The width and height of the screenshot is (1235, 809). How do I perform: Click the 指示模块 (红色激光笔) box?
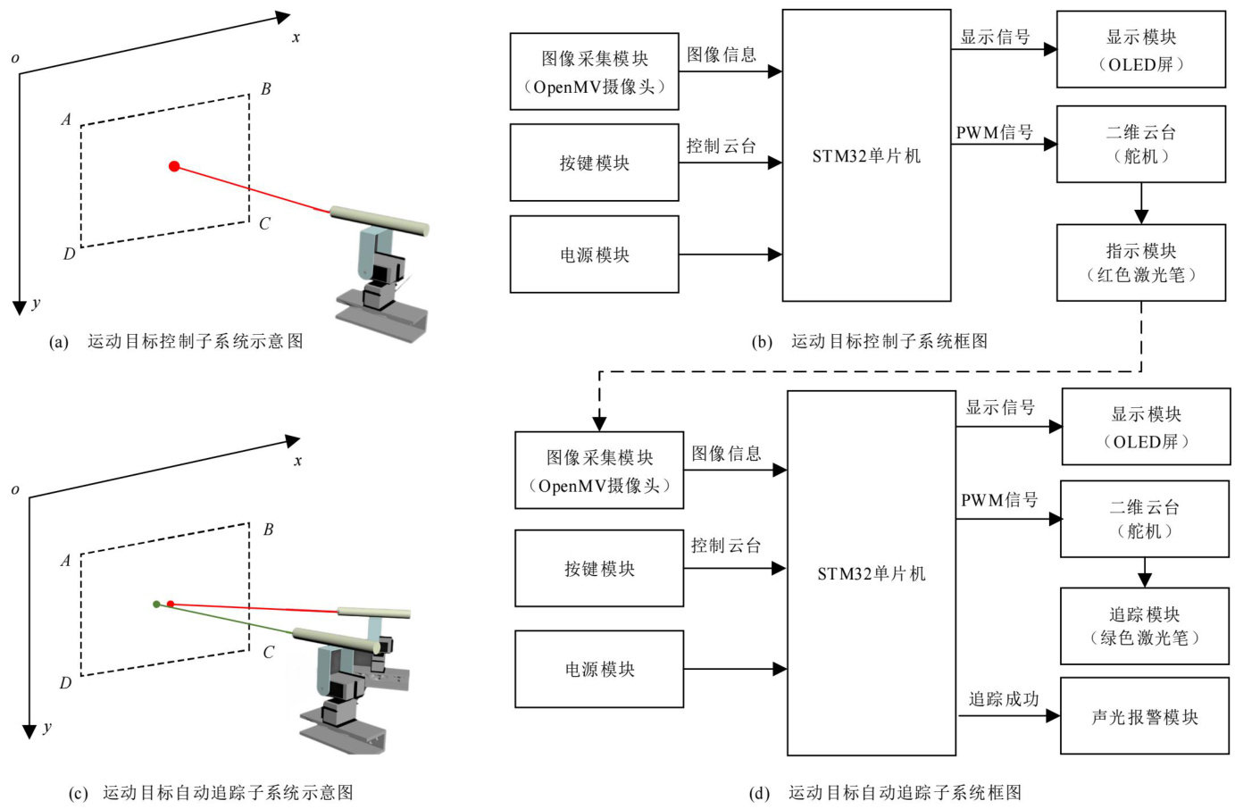pyautogui.click(x=1140, y=263)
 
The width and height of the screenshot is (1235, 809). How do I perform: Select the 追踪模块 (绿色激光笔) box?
pyautogui.click(x=1144, y=625)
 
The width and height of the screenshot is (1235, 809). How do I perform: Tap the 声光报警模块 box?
pyautogui.click(x=1144, y=716)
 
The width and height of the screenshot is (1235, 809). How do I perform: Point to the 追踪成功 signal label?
pyautogui.click(x=1004, y=699)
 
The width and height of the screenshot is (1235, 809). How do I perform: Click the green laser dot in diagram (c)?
pyautogui.click(x=156, y=605)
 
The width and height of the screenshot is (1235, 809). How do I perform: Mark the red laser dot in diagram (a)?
pyautogui.click(x=174, y=166)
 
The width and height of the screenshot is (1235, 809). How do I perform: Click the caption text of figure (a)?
pyautogui.click(x=195, y=341)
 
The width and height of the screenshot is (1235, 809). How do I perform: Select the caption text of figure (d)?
pyautogui.click(x=904, y=792)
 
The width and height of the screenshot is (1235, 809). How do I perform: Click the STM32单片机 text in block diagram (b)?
pyautogui.click(x=865, y=156)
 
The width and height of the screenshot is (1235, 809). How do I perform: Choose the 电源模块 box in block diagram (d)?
pyautogui.click(x=599, y=669)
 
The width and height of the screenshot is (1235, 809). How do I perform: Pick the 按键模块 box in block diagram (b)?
pyautogui.click(x=594, y=163)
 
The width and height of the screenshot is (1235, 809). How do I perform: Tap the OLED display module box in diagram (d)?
pyautogui.click(x=1146, y=427)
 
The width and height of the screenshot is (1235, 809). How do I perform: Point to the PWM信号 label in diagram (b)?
pyautogui.click(x=994, y=133)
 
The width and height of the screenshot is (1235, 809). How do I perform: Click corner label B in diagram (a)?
pyautogui.click(x=265, y=89)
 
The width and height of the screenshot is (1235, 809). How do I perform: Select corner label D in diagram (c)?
pyautogui.click(x=65, y=683)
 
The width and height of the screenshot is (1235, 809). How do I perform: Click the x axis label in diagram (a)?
pyautogui.click(x=296, y=38)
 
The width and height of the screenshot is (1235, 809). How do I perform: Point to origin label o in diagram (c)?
pyautogui.click(x=14, y=489)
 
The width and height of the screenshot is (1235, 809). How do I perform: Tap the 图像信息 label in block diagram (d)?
pyautogui.click(x=726, y=454)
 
